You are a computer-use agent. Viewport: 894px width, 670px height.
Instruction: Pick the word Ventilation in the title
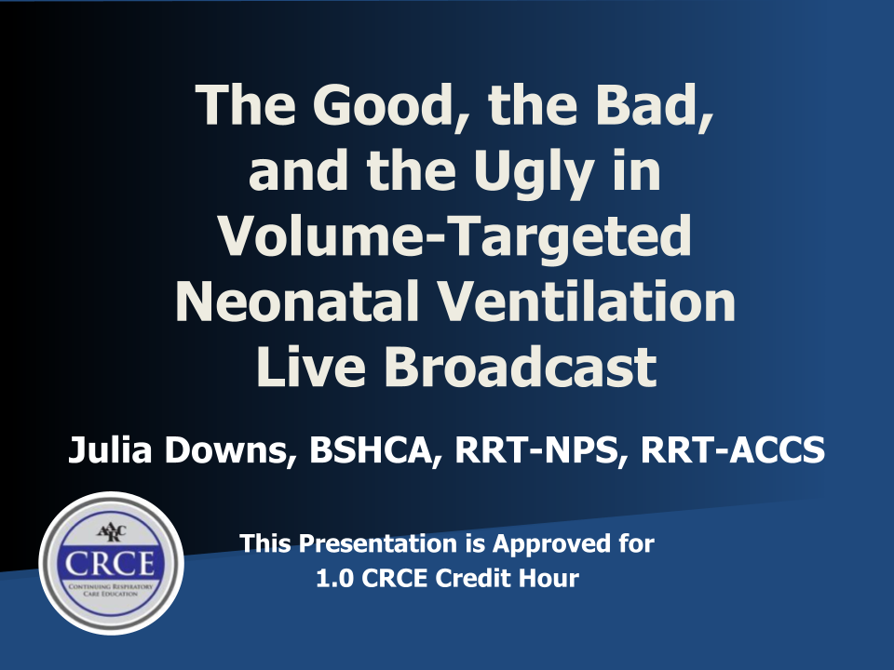(x=586, y=301)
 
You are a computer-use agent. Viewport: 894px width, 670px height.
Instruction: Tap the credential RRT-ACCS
(x=733, y=449)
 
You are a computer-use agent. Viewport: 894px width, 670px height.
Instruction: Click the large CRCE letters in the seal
(x=110, y=564)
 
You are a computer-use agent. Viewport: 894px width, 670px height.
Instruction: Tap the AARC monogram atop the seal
(x=111, y=532)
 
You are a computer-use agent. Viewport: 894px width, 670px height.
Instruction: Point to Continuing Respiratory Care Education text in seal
(x=111, y=590)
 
